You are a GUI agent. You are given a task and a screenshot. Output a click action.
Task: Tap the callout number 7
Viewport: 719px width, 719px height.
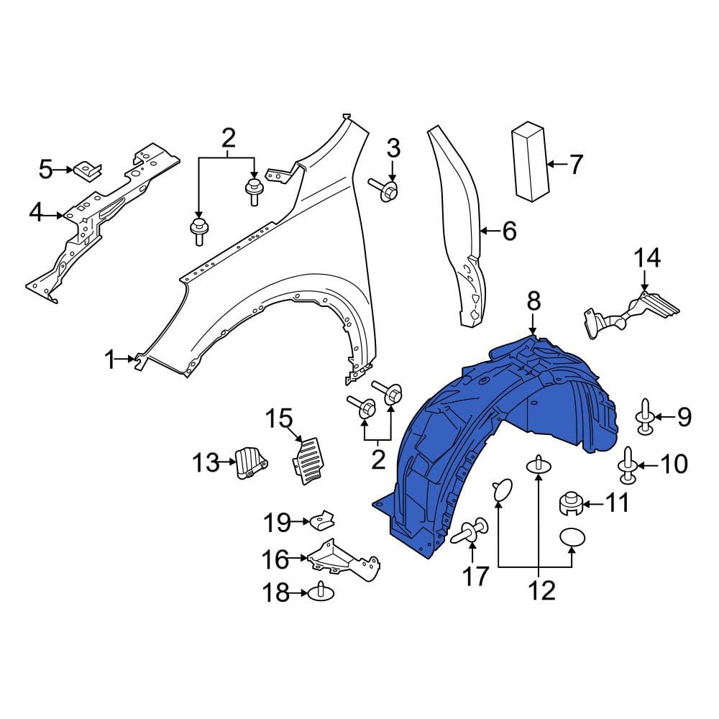576,164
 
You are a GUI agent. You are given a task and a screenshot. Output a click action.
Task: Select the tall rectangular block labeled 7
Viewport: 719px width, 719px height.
530,161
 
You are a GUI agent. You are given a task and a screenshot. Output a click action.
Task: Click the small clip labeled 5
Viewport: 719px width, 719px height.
87,170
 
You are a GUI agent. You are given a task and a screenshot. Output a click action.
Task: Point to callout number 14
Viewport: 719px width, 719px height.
647,258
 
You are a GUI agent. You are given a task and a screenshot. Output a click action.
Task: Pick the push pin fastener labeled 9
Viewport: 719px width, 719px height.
645,417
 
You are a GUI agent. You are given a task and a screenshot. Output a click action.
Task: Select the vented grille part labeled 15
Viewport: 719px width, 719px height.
307,460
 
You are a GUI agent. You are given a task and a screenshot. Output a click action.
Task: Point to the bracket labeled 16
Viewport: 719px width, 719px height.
343,559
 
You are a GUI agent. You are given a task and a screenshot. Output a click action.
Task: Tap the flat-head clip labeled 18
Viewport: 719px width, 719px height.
321,593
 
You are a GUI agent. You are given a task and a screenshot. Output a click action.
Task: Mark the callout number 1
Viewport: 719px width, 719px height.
111,359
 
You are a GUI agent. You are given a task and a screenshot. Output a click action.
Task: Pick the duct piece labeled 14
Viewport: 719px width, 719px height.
631,314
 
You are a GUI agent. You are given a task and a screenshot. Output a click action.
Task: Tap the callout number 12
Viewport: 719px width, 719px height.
542,590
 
